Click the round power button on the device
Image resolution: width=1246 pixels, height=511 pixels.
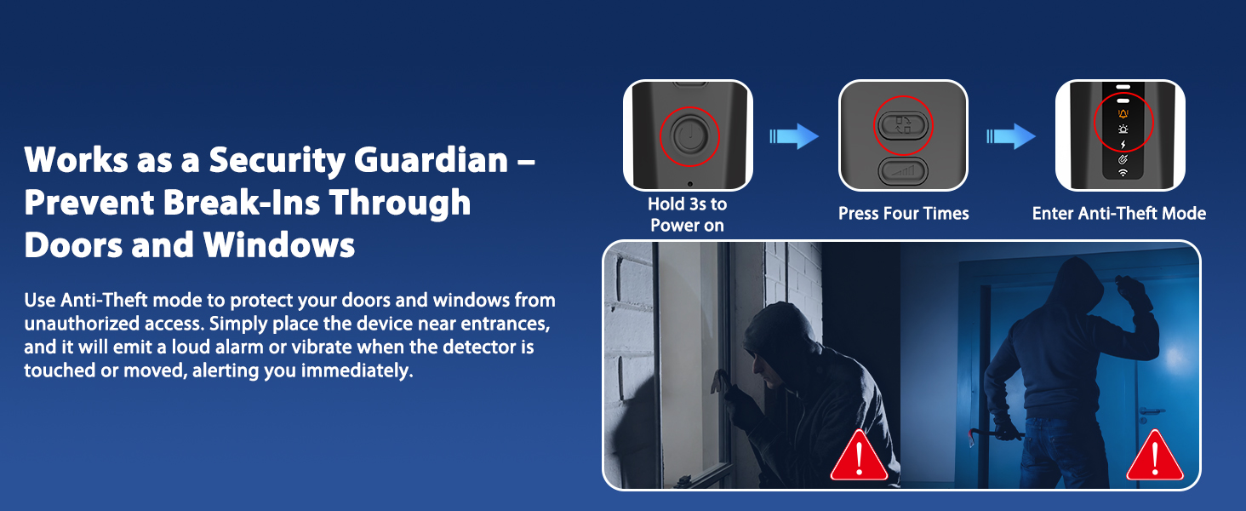pyautogui.click(x=689, y=136)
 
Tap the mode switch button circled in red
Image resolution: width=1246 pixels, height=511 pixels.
pyautogui.click(x=903, y=125)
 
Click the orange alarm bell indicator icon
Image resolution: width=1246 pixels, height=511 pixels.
pyautogui.click(x=1123, y=113)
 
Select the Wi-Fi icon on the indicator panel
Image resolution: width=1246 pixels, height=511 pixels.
pyautogui.click(x=1123, y=173)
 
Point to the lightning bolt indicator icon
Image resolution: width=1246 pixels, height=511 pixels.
pyautogui.click(x=1123, y=145)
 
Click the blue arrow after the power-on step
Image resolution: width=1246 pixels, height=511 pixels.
pyautogui.click(x=794, y=136)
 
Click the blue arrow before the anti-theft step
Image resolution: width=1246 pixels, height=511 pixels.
pyautogui.click(x=1011, y=136)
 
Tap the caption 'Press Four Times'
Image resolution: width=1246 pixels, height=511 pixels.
pyautogui.click(x=903, y=213)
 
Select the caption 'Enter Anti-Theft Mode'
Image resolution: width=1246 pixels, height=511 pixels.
pyautogui.click(x=1118, y=213)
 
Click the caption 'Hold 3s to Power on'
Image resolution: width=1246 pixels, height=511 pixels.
pyautogui.click(x=687, y=215)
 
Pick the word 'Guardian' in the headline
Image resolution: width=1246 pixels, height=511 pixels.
pyautogui.click(x=432, y=160)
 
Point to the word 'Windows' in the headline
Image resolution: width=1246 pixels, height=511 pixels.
pyautogui.click(x=278, y=245)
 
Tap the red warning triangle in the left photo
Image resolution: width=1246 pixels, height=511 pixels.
pyautogui.click(x=859, y=456)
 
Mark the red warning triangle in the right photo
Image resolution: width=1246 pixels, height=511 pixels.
pyautogui.click(x=1155, y=456)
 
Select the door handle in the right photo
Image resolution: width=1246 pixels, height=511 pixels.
pyautogui.click(x=1151, y=412)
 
